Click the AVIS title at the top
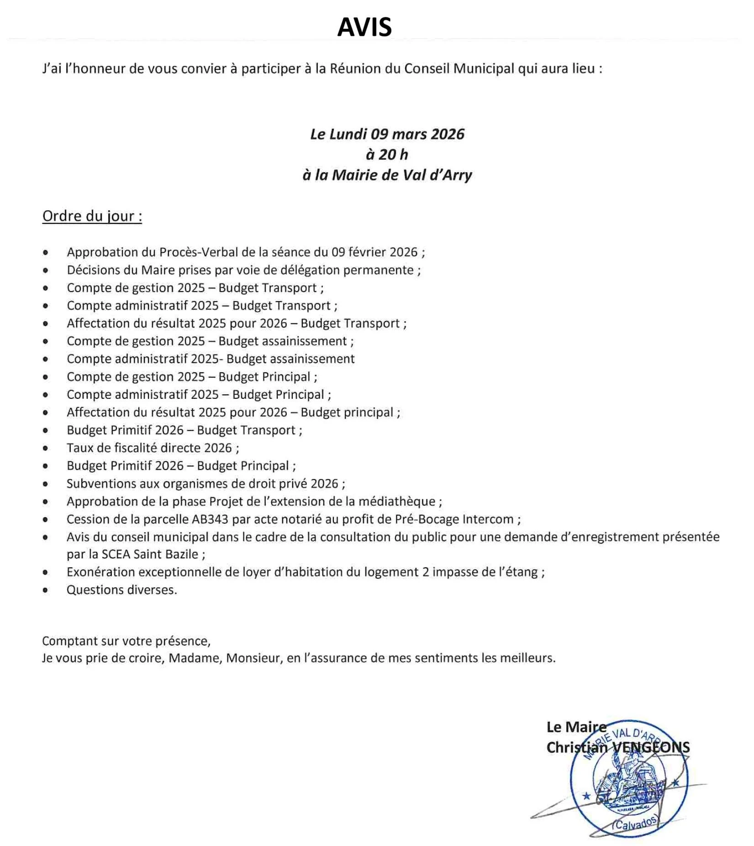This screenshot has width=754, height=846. (x=364, y=27)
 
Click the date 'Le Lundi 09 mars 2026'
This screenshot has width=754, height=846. (x=387, y=134)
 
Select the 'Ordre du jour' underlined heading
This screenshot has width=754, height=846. (x=92, y=216)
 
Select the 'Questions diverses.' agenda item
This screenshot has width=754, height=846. (x=121, y=590)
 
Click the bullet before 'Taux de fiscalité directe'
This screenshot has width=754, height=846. (x=45, y=449)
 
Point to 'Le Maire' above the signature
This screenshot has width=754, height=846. (x=576, y=727)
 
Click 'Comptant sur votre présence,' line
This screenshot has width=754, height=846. (x=126, y=641)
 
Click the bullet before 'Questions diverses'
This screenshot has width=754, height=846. (x=45, y=590)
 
